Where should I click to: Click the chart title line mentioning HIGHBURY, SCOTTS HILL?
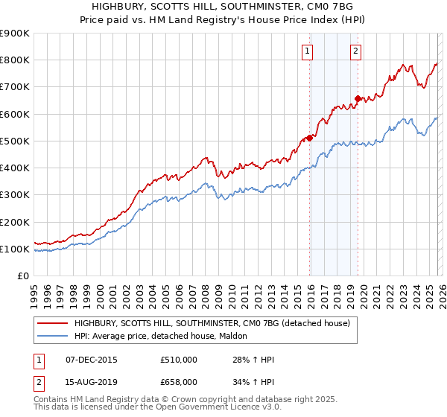(223, 7)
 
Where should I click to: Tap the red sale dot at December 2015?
(310, 138)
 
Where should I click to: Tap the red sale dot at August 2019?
(358, 98)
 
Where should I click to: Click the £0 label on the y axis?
(22, 276)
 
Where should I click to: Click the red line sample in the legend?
(53, 322)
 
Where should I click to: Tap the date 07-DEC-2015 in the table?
(92, 360)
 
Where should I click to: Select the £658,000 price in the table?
(179, 382)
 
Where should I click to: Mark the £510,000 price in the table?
(179, 360)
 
